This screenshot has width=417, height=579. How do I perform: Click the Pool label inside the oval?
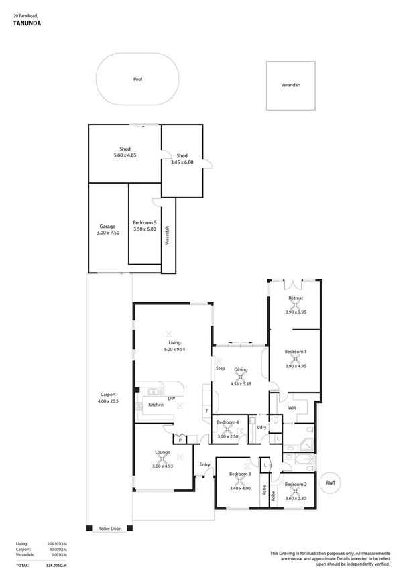click(x=137, y=79)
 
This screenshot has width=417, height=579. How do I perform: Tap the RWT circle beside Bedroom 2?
click(x=331, y=483)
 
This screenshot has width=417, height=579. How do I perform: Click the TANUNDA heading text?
click(x=27, y=22)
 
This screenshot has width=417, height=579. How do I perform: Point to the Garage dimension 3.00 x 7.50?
click(x=108, y=233)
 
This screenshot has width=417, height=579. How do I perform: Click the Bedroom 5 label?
click(x=145, y=222)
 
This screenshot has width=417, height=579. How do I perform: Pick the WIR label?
click(x=292, y=407)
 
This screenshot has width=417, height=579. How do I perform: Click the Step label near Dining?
click(x=220, y=368)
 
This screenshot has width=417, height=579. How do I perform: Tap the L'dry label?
click(x=261, y=427)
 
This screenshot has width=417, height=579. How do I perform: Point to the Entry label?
click(x=205, y=464)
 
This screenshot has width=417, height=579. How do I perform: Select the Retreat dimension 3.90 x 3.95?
click(x=296, y=312)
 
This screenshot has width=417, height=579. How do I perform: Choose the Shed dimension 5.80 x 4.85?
click(x=125, y=155)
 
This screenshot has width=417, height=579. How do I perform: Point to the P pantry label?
click(x=180, y=440)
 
